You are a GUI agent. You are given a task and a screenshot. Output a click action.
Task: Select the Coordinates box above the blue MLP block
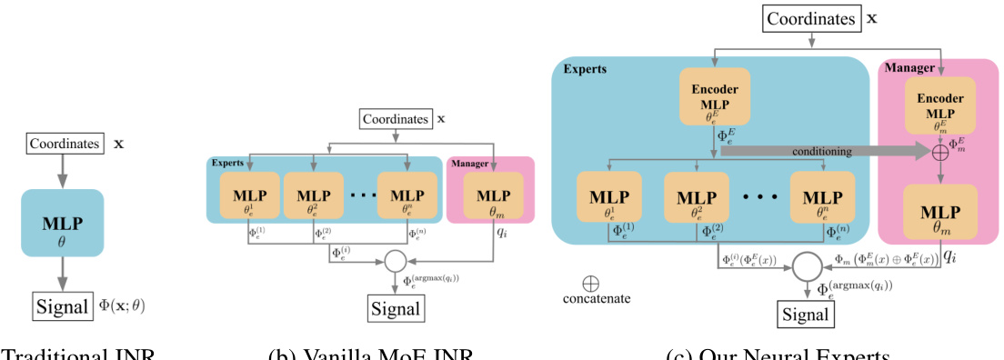pyautogui.click(x=63, y=144)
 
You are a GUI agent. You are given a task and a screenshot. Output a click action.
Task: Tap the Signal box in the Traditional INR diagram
pyautogui.click(x=63, y=306)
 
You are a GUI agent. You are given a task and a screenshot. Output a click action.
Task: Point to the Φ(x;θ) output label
pyautogui.click(x=122, y=306)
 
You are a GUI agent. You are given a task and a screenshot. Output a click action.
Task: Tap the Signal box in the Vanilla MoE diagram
pyautogui.click(x=395, y=309)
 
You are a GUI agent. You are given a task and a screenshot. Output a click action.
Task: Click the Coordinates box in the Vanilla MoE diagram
pyautogui.click(x=395, y=119)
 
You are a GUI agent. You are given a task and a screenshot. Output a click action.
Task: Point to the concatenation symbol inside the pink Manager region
pyautogui.click(x=939, y=152)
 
